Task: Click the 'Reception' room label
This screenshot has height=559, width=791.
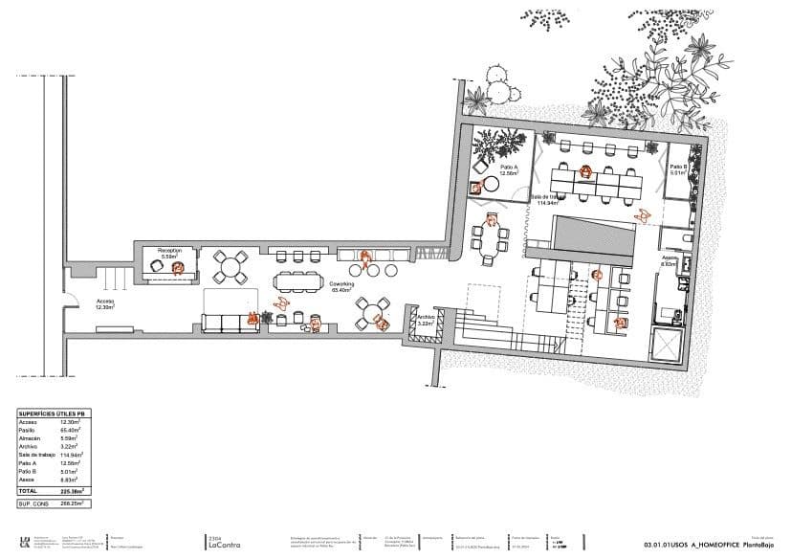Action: (x=169, y=251)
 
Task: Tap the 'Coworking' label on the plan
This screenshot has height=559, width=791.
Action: (x=342, y=284)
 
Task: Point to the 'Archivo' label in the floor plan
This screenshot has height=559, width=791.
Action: (x=427, y=317)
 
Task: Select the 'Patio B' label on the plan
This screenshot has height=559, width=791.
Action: (x=678, y=167)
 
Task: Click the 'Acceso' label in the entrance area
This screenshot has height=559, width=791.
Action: (x=104, y=302)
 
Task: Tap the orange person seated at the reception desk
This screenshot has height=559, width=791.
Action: (x=177, y=269)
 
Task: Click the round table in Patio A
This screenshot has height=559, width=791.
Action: (x=490, y=184)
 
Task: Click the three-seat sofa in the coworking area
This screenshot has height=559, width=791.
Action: (x=229, y=322)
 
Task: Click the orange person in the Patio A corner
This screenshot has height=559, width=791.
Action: (x=476, y=188)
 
